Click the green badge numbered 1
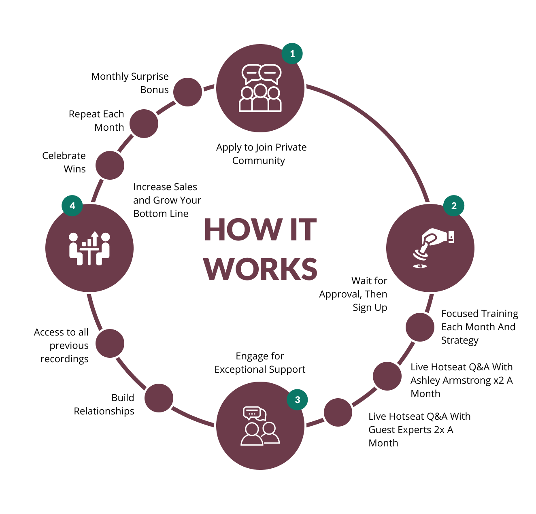(x=292, y=53)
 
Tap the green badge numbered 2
(x=454, y=206)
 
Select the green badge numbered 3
(x=298, y=399)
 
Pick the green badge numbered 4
(x=72, y=206)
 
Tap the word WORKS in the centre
(x=260, y=268)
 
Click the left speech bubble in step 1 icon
(x=251, y=73)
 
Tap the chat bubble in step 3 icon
(x=252, y=413)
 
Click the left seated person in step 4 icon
(x=74, y=249)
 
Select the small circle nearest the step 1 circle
(x=187, y=92)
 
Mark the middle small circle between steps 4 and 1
(x=144, y=123)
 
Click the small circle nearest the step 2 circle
(x=420, y=327)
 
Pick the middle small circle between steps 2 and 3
(x=387, y=376)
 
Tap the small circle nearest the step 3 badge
(x=338, y=412)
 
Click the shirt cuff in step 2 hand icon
(x=451, y=236)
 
